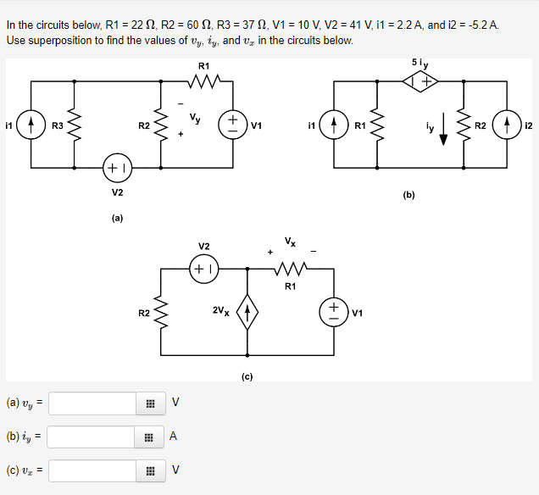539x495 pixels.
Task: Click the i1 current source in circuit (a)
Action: [x=31, y=125]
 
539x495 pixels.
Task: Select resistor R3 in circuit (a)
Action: [x=74, y=125]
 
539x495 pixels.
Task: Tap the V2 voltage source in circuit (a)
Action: [x=118, y=167]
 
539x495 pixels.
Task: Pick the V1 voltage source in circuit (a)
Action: [x=231, y=125]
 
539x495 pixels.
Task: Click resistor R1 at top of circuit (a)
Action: [x=204, y=82]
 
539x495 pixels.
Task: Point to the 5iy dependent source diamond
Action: [x=420, y=81]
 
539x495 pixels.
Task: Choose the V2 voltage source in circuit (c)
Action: [x=204, y=269]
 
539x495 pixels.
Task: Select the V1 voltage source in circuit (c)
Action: [x=333, y=311]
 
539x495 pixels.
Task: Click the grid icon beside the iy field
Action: [x=149, y=437]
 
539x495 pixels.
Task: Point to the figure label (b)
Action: [x=409, y=194]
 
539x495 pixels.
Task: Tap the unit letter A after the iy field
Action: [x=173, y=437]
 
